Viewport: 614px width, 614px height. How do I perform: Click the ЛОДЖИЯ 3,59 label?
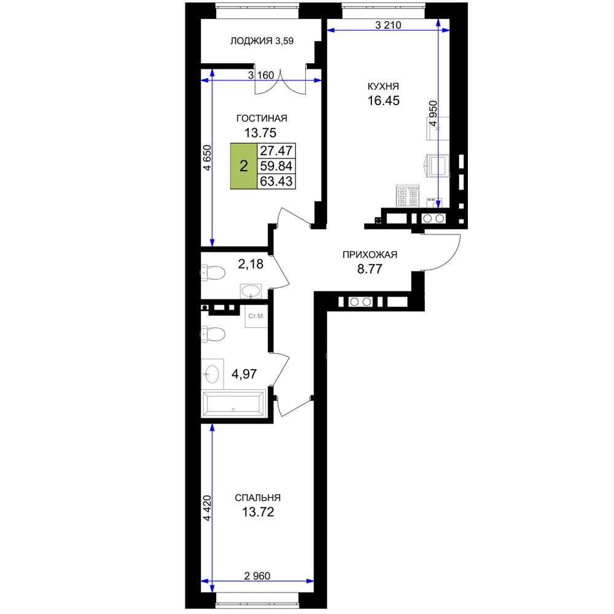pyautogui.click(x=262, y=41)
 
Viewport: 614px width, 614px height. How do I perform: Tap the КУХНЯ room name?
pyautogui.click(x=383, y=86)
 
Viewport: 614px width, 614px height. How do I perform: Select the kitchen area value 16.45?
pyautogui.click(x=383, y=101)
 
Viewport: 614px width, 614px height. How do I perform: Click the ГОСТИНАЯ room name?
pyautogui.click(x=262, y=118)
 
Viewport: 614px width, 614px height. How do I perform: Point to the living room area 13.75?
pyautogui.click(x=260, y=133)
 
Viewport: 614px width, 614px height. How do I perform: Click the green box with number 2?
pyautogui.click(x=244, y=166)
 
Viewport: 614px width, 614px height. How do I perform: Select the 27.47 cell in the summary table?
pyautogui.click(x=276, y=150)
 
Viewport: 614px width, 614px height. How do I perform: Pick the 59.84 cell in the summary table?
pyautogui.click(x=276, y=166)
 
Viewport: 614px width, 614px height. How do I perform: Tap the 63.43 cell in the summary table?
pyautogui.click(x=276, y=181)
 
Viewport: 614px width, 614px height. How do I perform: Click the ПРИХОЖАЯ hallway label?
pyautogui.click(x=370, y=255)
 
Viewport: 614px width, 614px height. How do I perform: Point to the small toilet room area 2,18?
pyautogui.click(x=251, y=264)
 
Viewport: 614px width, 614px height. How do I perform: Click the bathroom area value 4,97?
pyautogui.click(x=244, y=374)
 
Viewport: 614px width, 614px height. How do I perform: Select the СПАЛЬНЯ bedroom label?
pyautogui.click(x=258, y=498)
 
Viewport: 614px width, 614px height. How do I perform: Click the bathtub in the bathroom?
pyautogui.click(x=233, y=403)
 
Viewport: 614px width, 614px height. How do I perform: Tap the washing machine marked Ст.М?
pyautogui.click(x=256, y=316)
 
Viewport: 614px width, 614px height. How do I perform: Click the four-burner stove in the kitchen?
pyautogui.click(x=407, y=196)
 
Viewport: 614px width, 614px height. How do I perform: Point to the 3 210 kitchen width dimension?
pyautogui.click(x=388, y=25)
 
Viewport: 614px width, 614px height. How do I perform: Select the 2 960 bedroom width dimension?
pyautogui.click(x=257, y=576)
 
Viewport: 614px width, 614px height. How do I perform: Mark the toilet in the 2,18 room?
pyautogui.click(x=212, y=273)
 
